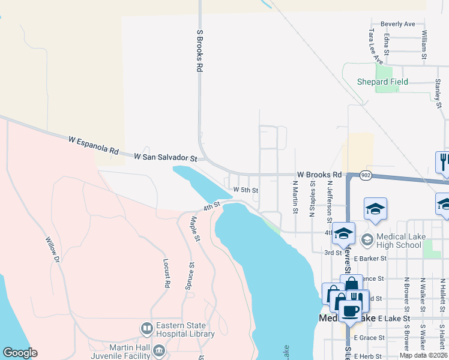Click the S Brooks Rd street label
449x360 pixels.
click(x=199, y=52)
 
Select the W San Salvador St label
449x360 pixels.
click(x=165, y=157)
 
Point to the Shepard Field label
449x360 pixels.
click(x=382, y=82)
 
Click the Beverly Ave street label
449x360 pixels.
click(x=398, y=24)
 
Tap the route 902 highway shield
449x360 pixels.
click(x=366, y=175)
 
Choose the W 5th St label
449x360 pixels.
click(x=246, y=190)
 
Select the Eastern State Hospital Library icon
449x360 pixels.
click(x=146, y=329)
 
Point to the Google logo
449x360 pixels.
click(x=20, y=353)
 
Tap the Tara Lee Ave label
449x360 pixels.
click(x=376, y=46)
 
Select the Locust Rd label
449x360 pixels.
click(x=167, y=272)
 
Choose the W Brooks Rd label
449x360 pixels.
click(x=319, y=174)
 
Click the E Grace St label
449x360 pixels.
click(x=369, y=338)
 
